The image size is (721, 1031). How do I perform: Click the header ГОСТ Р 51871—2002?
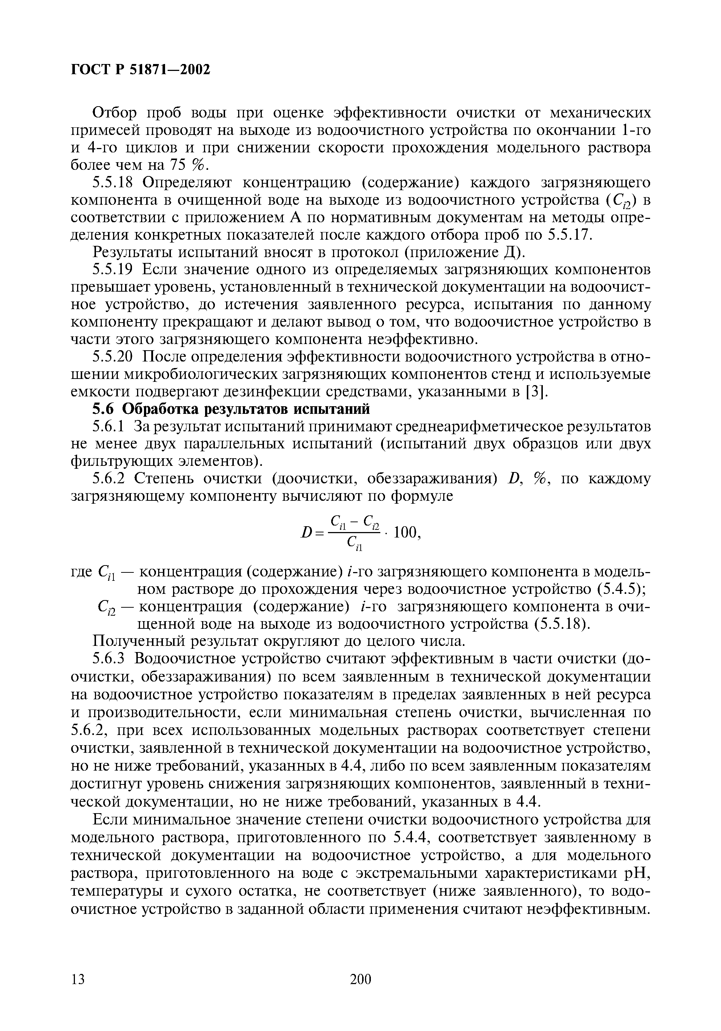pos(140,69)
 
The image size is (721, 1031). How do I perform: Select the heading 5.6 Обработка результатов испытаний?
pos(231,409)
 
